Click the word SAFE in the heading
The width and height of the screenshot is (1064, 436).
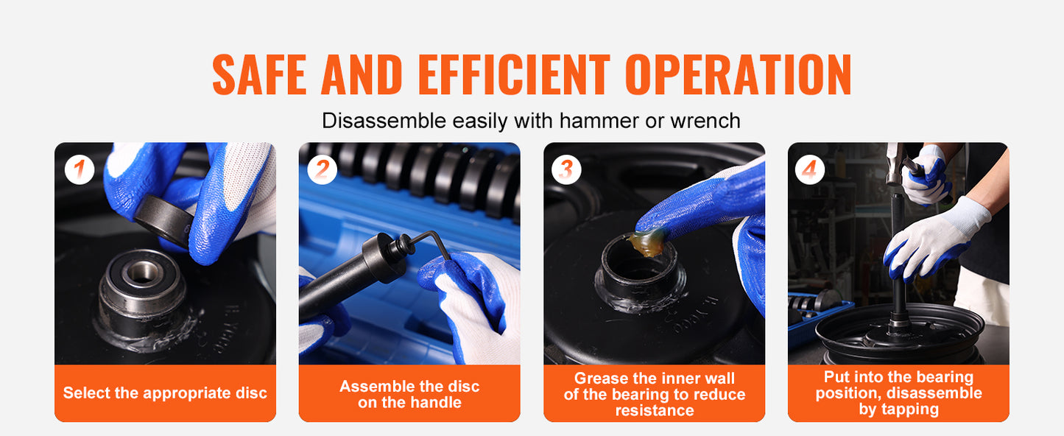(259, 74)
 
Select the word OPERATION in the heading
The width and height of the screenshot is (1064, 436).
(738, 74)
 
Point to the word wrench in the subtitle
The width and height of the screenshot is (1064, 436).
(705, 121)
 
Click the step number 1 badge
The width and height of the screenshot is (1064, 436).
(80, 169)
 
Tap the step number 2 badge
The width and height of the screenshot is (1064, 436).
(322, 169)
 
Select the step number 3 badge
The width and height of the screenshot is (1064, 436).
(566, 169)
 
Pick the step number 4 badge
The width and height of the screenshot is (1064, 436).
(810, 169)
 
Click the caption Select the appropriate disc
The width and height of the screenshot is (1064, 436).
(165, 393)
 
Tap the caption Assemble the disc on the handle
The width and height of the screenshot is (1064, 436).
(409, 394)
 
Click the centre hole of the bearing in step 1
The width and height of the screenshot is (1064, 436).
(141, 272)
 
